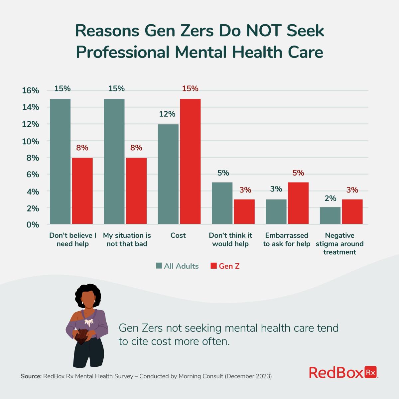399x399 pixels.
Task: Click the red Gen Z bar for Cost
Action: pyautogui.click(x=190, y=162)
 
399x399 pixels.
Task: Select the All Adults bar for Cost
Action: pyautogui.click(x=168, y=174)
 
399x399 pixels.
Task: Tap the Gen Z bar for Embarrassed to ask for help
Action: pyautogui.click(x=298, y=203)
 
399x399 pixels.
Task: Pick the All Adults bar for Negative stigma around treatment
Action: pyautogui.click(x=330, y=215)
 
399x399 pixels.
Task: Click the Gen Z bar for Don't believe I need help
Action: pyautogui.click(x=82, y=191)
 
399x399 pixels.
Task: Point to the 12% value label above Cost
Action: pyautogui.click(x=167, y=114)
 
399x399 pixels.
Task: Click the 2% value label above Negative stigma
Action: pyautogui.click(x=330, y=199)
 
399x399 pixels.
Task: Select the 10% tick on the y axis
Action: pyautogui.click(x=31, y=141)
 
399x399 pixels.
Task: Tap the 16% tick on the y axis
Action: pyautogui.click(x=31, y=90)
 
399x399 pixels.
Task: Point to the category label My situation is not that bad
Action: pyautogui.click(x=127, y=239)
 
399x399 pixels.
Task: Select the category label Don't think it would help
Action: pyautogui.click(x=230, y=239)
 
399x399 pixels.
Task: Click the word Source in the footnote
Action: pyautogui.click(x=31, y=376)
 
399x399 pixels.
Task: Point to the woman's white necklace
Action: pyautogui.click(x=89, y=321)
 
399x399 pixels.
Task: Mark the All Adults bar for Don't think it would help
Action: pyautogui.click(x=222, y=203)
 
